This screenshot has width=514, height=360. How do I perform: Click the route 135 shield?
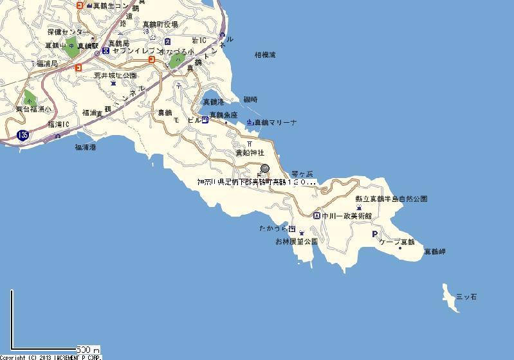(x=23, y=135)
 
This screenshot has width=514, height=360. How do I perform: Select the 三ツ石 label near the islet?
(x=466, y=297)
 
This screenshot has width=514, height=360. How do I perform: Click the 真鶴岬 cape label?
(x=434, y=253)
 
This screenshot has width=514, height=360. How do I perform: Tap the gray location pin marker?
(x=264, y=168)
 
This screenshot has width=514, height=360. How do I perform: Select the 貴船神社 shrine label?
(x=250, y=154)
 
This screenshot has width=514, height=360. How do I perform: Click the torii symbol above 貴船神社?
(x=250, y=144)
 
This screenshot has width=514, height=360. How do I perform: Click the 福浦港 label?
(x=86, y=148)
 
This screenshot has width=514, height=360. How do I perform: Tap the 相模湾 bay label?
(x=264, y=56)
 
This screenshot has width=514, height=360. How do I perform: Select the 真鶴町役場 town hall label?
(x=160, y=24)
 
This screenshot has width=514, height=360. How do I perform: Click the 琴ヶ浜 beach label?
(x=302, y=174)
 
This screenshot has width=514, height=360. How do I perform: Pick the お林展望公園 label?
(x=297, y=242)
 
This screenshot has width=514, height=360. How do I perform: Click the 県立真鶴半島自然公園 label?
(x=391, y=199)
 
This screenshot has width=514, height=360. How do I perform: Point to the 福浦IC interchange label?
(x=59, y=123)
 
